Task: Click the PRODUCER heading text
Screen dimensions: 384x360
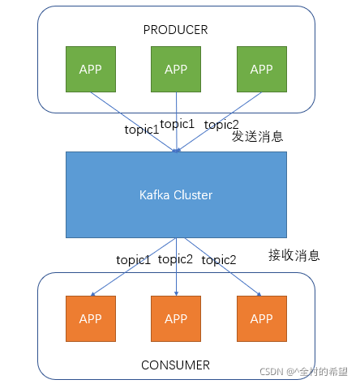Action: pyautogui.click(x=176, y=30)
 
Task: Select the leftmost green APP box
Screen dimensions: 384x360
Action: pyautogui.click(x=90, y=69)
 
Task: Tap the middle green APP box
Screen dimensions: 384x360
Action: pyautogui.click(x=176, y=69)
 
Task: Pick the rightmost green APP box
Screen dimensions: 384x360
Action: pyautogui.click(x=261, y=69)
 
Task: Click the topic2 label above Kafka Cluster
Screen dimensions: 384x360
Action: pyautogui.click(x=221, y=125)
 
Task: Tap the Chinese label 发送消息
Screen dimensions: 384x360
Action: pyautogui.click(x=258, y=136)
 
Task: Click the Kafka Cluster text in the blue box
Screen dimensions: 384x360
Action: pyautogui.click(x=176, y=195)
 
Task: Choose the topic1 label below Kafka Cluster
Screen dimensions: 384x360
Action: pyautogui.click(x=134, y=259)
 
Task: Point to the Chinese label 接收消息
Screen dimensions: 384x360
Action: pyautogui.click(x=294, y=255)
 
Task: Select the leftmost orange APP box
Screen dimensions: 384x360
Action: pyautogui.click(x=90, y=318)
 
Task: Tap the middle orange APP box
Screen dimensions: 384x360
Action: pyautogui.click(x=176, y=318)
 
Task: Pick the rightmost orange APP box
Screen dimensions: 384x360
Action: pyautogui.click(x=261, y=318)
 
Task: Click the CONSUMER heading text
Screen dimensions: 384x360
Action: pyautogui.click(x=176, y=365)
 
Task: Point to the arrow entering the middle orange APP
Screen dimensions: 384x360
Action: pyautogui.click(x=176, y=279)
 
